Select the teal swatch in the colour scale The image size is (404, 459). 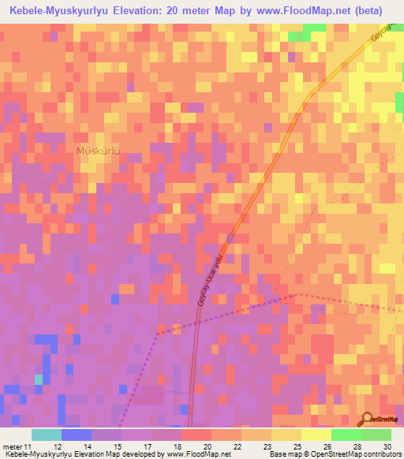(x=46, y=435)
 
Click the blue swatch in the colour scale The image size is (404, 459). (x=76, y=435)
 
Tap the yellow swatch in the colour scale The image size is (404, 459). (x=286, y=435)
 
